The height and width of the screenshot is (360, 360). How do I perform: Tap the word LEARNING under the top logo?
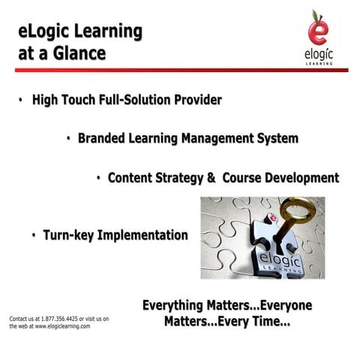click(x=322, y=62)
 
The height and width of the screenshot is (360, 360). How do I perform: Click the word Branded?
click(x=103, y=139)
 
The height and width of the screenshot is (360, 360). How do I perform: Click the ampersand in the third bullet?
click(x=211, y=178)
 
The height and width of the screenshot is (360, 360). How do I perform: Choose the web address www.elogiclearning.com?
click(x=63, y=327)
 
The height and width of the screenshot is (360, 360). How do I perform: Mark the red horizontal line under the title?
click(x=180, y=70)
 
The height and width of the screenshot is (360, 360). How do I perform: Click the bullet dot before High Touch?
click(x=22, y=100)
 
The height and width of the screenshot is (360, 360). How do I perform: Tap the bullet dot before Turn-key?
click(x=34, y=236)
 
